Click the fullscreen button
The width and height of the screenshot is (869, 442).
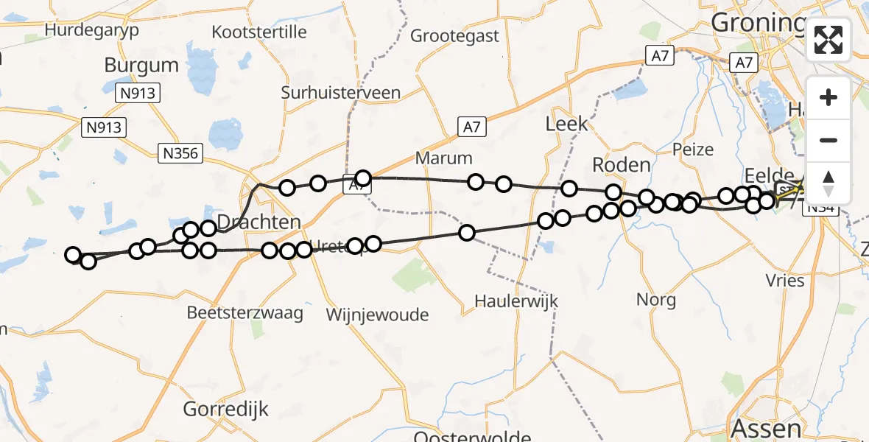(x=828, y=40)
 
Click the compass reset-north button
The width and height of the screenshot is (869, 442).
(x=828, y=183)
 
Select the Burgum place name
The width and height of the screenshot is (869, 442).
(x=141, y=65)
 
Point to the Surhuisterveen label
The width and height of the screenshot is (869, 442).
(x=341, y=93)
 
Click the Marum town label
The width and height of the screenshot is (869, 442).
(x=443, y=158)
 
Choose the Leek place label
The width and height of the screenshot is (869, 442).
(x=566, y=124)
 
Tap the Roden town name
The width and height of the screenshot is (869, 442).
(x=621, y=165)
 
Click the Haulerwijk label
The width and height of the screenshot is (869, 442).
(x=516, y=301)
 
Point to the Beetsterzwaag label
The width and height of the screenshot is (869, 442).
(x=244, y=312)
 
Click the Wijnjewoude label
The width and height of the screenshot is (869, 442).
(x=377, y=315)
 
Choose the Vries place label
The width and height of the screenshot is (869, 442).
(x=784, y=281)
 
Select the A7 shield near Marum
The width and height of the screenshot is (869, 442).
(x=471, y=127)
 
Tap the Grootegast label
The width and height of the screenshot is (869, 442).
(x=454, y=35)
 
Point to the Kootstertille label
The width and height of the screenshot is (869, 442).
(x=258, y=32)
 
